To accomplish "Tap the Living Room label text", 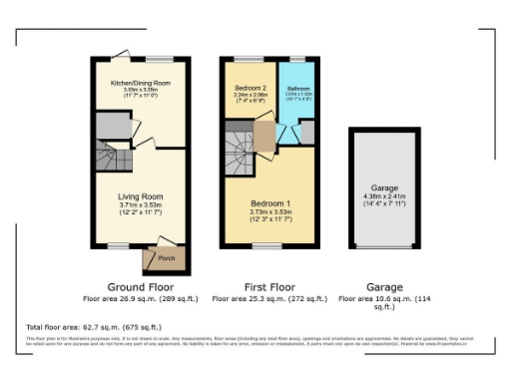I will coord(140,196).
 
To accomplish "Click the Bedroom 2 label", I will coord(250,89).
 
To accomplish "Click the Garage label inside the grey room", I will coord(385,189).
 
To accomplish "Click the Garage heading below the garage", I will coord(385,286).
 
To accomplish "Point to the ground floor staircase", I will coord(108,155).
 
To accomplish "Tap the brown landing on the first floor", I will coord(265,136).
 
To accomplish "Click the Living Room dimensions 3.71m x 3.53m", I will coord(140,205).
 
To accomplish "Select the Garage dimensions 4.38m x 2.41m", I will coord(385,196).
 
